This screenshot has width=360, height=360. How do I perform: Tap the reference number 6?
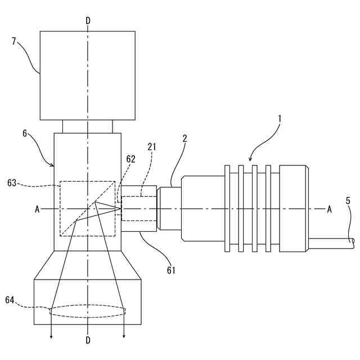25,133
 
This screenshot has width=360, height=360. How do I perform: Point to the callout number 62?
130,159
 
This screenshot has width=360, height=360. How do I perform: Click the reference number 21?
152,147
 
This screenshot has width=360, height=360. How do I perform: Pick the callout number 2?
184,138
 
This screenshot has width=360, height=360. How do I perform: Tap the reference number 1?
280,119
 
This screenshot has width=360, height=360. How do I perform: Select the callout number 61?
171,271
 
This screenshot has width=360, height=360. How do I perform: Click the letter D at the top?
88,21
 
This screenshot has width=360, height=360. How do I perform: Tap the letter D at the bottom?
88,340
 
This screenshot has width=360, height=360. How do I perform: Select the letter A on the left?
38,209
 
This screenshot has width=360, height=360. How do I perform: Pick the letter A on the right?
329,209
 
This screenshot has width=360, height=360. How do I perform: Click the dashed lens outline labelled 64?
88,312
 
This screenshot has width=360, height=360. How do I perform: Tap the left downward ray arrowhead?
52,336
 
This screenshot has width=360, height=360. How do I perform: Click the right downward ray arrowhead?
124,336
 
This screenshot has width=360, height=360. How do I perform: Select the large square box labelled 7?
87,75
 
